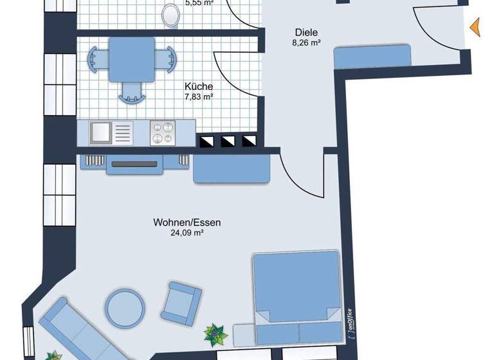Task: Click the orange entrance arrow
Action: [475, 28]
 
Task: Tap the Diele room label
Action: [307, 32]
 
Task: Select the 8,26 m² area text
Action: [307, 44]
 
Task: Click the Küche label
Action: [199, 86]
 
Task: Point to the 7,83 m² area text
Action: [199, 97]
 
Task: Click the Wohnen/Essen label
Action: [187, 222]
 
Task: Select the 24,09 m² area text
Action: [187, 233]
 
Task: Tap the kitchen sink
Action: [101, 133]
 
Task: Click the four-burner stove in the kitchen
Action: [162, 133]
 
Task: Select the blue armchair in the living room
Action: [180, 301]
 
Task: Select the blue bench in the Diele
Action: [372, 57]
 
